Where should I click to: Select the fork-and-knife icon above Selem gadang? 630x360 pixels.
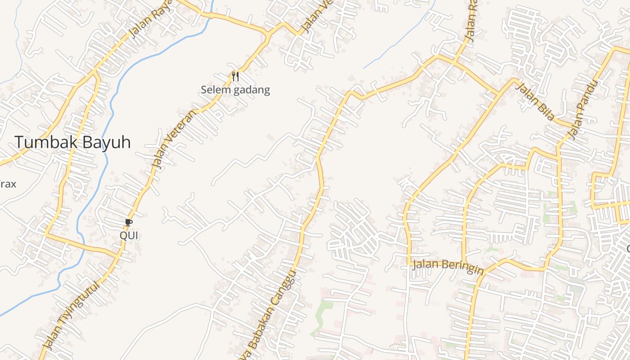235,76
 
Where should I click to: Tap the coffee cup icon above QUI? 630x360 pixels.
129,222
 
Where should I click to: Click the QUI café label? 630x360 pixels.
129,235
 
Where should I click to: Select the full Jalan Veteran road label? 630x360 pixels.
174,139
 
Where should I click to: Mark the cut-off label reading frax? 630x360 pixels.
8,184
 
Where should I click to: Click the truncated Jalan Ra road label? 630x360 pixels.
470,20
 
